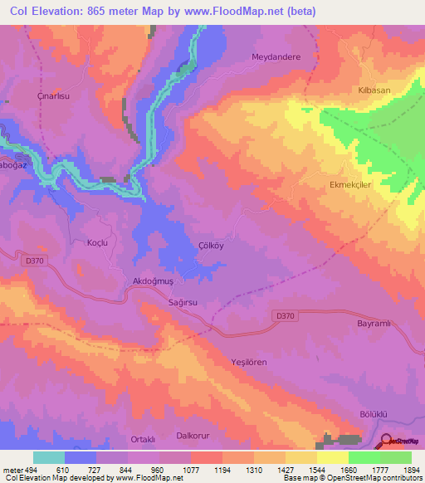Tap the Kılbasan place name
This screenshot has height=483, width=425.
pos(374,90)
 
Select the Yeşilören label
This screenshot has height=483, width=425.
pos(250,363)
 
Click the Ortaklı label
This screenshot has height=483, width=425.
pos(144,439)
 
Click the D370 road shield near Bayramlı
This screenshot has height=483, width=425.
pos(285,315)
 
